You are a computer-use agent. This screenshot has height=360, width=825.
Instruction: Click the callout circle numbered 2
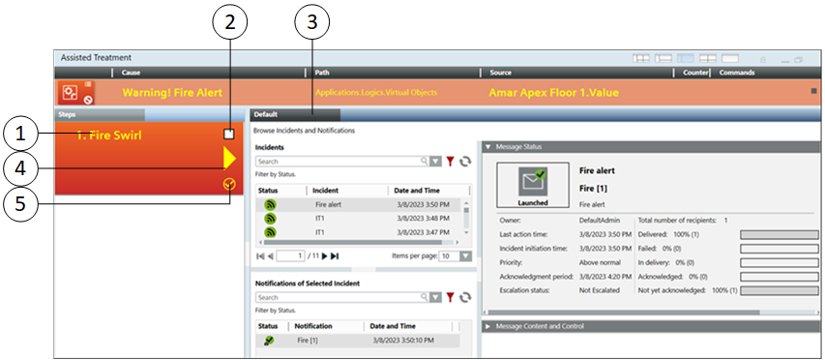point(229,21)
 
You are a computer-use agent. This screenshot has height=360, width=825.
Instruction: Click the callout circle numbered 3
point(312,21)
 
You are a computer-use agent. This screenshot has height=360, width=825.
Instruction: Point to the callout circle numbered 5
point(20,202)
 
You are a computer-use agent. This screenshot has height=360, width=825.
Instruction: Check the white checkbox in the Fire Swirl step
point(229,135)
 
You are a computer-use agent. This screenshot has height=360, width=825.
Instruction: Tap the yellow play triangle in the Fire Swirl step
point(229,159)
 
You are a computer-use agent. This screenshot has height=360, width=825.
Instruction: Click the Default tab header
point(296,114)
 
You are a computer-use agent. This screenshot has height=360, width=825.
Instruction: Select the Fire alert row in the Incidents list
point(358,205)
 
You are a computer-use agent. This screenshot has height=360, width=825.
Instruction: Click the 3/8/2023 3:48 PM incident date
point(423,219)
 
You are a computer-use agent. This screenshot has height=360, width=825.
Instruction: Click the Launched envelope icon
point(533,181)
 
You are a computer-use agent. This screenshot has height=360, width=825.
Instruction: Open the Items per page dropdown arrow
point(465,256)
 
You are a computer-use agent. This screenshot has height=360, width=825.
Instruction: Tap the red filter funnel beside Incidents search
point(450,162)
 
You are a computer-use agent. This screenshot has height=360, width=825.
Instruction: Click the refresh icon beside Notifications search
point(465,297)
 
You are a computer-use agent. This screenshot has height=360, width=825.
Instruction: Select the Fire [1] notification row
point(358,341)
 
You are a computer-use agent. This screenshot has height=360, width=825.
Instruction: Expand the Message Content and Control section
point(488,326)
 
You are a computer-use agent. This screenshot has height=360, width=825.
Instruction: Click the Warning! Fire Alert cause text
point(172,93)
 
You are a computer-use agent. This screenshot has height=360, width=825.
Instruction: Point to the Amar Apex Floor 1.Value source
point(553,93)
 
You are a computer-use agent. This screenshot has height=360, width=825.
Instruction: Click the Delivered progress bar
point(780,234)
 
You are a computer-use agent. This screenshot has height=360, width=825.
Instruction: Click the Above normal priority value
point(600,262)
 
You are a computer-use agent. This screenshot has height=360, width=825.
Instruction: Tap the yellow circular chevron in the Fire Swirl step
point(229,184)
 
